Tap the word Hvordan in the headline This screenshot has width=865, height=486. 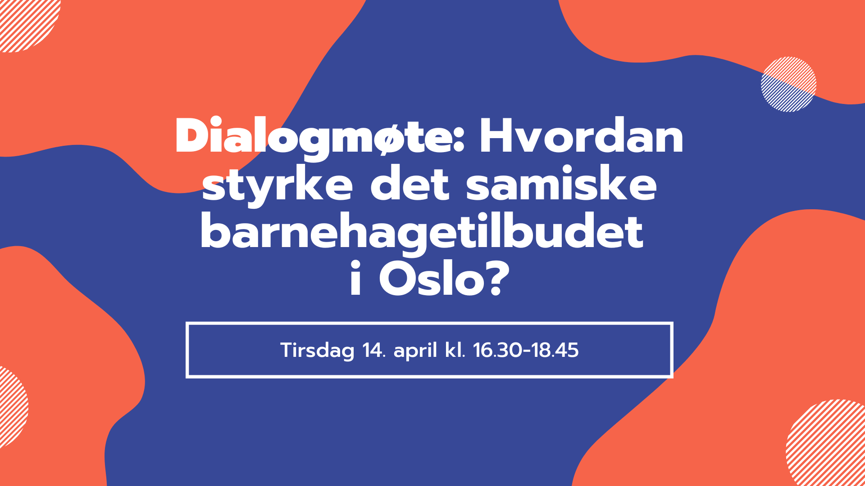click(x=581, y=136)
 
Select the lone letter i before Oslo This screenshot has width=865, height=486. click(x=355, y=279)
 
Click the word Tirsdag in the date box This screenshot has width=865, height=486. click(x=317, y=351)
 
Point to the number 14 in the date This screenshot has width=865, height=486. click(x=373, y=351)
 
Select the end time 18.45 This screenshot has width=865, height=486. click(x=555, y=351)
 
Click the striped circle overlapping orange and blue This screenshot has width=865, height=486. click(x=788, y=84)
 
